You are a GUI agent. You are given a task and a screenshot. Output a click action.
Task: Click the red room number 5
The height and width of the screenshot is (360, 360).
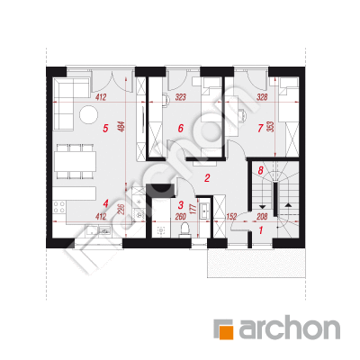point(105,129)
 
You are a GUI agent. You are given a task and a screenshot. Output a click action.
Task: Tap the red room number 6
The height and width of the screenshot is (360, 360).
point(180,129)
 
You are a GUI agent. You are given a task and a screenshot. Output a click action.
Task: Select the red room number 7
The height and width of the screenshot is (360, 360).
point(260,129)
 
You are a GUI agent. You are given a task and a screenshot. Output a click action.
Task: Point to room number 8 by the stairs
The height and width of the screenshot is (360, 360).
point(260,171)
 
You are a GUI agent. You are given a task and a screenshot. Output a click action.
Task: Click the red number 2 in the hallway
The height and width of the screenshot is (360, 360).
point(207,178)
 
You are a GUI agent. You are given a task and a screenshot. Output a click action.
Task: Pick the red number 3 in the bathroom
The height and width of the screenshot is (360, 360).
point(181,205)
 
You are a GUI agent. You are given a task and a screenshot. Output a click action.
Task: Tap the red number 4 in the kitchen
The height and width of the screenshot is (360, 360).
point(105,203)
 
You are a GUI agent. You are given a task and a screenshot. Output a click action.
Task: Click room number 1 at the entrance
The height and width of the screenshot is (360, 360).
point(261,230)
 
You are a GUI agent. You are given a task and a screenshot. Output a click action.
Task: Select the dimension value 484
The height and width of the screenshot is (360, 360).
point(122,127)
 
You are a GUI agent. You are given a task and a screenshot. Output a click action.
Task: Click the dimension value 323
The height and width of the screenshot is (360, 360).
point(181,97)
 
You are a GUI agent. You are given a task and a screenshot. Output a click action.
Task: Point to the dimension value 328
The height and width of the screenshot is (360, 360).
point(262,97)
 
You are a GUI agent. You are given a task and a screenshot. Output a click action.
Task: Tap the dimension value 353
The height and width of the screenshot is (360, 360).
point(270,127)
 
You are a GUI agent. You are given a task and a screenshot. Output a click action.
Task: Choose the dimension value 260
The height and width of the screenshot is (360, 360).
point(180,216)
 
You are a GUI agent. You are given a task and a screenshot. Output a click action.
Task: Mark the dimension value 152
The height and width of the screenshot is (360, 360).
point(231,216)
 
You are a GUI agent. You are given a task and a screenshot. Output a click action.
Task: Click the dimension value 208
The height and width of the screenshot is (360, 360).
point(262,216)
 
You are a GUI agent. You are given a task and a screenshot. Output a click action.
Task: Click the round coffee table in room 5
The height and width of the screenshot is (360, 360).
point(88,114)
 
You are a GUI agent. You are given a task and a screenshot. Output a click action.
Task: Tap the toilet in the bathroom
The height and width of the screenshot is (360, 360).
point(184,230)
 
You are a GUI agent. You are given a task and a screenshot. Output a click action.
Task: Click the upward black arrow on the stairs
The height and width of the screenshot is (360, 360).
point(288,205)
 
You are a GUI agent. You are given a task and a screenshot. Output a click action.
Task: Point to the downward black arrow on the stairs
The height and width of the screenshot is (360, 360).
point(262,206)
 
